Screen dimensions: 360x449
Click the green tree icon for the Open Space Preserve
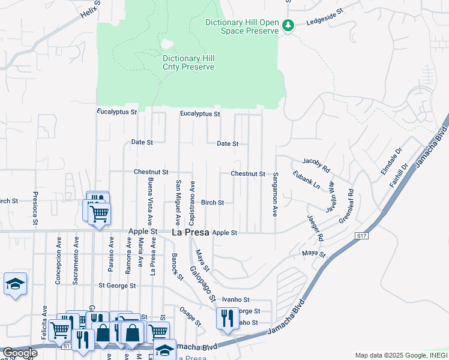(x=288, y=26)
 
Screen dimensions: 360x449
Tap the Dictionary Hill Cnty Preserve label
(x=188, y=62)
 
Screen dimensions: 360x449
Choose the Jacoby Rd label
(x=316, y=166)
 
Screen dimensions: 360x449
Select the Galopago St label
(x=203, y=284)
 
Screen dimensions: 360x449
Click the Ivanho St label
(x=235, y=299)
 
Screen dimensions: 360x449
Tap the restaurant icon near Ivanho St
(x=226, y=318)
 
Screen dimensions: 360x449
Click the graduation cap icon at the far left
(x=15, y=284)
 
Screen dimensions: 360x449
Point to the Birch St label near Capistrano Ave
(x=212, y=203)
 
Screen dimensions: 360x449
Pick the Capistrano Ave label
(x=193, y=203)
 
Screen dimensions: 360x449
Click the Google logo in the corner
(x=19, y=353)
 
